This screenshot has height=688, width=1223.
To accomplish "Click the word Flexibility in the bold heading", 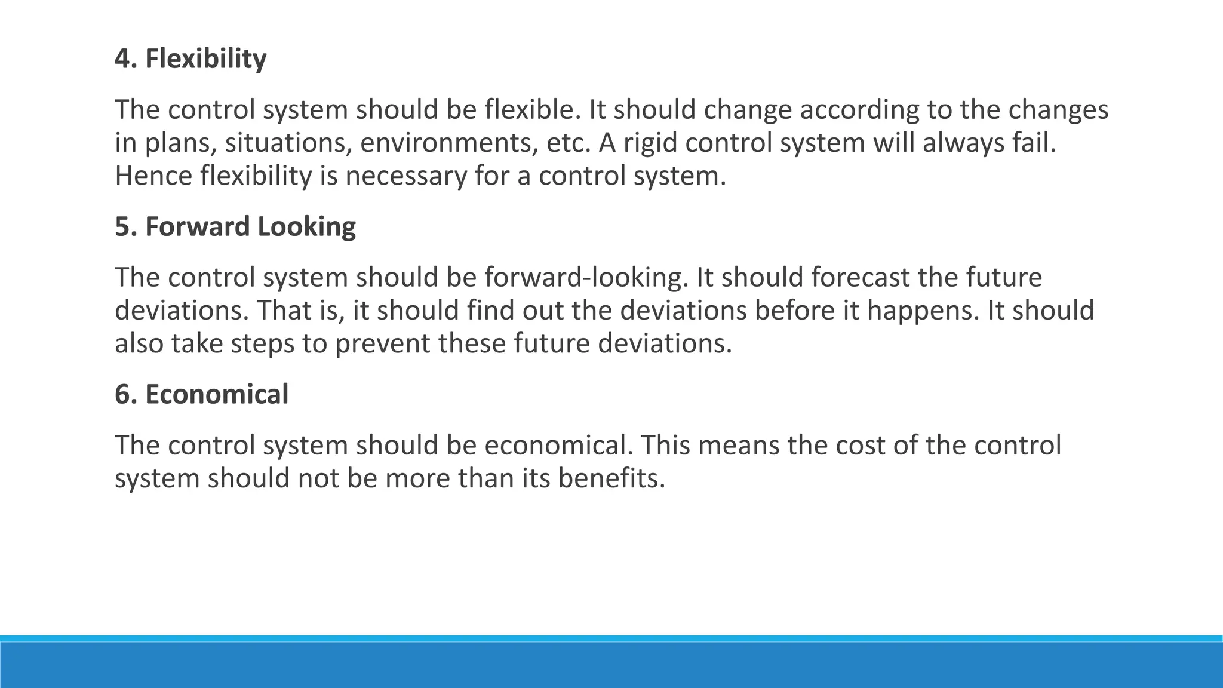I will (x=205, y=59).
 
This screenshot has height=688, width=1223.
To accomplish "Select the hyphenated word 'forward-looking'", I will (x=582, y=278).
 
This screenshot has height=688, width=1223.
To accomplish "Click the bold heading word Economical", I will (x=217, y=395).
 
